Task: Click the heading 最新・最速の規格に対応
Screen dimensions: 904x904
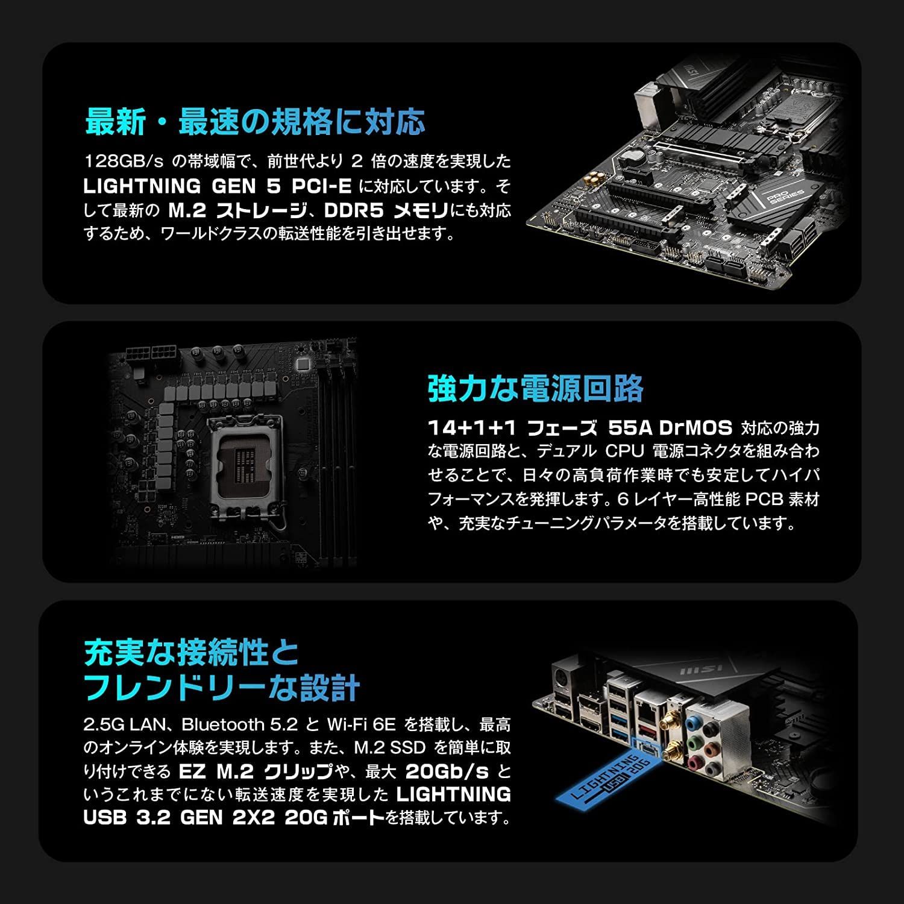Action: [x=256, y=121]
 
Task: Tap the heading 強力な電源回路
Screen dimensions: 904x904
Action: [x=536, y=388]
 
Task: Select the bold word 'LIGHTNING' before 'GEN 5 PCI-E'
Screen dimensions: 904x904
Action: [x=142, y=186]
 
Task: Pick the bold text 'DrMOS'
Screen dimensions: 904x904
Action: [x=695, y=428]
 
